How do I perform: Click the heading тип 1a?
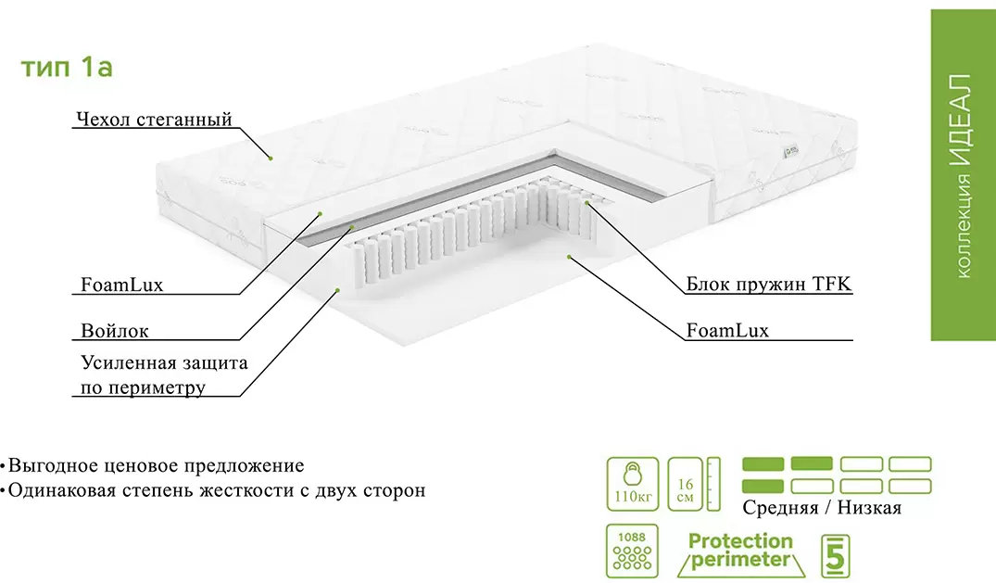click(67, 68)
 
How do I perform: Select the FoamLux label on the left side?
click(121, 285)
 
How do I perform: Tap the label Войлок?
click(114, 331)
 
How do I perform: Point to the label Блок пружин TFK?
click(768, 284)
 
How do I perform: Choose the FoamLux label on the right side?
click(727, 330)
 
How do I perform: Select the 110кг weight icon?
click(633, 483)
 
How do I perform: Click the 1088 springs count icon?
click(633, 551)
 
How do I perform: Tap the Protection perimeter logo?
click(740, 551)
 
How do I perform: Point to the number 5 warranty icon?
click(836, 554)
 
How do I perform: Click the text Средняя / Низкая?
click(821, 508)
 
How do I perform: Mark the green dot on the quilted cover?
click(271, 158)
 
